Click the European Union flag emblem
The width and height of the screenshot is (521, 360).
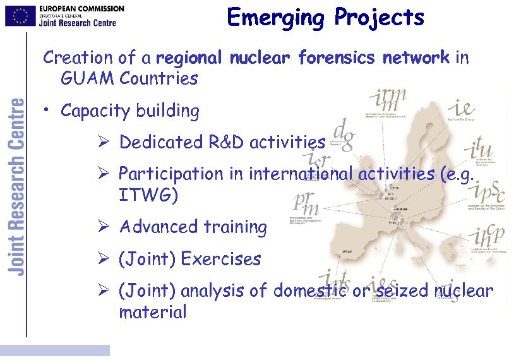20,16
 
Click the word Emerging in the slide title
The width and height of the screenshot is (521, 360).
275,18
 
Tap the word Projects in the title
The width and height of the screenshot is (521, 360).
380,18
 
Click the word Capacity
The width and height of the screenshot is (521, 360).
92,111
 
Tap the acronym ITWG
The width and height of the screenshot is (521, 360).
148,195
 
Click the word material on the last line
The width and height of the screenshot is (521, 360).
152,312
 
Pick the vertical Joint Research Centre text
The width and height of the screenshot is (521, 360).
17,186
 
